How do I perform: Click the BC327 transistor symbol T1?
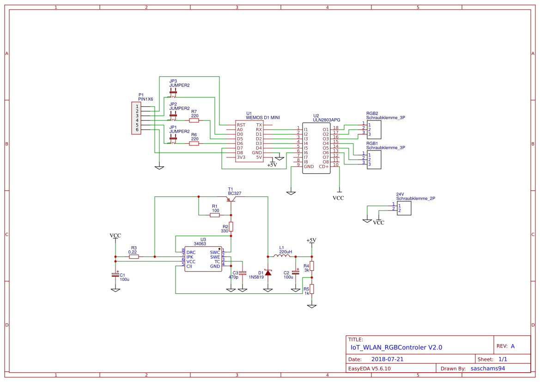231,199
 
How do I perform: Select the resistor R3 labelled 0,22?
134,256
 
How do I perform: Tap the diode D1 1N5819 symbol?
268,273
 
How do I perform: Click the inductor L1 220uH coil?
282,256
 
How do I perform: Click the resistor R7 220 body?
194,120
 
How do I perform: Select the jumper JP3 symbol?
173,92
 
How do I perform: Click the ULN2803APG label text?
326,120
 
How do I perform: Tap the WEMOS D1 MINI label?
263,117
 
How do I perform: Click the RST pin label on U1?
241,125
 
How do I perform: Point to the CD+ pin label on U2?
323,166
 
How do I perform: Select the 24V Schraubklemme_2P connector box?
404,208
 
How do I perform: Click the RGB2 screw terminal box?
374,129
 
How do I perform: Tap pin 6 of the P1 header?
137,130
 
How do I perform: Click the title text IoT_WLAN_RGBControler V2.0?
396,347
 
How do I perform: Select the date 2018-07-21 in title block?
387,359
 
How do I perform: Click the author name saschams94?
487,369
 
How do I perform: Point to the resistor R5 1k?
312,289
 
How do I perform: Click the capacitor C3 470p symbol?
243,273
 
